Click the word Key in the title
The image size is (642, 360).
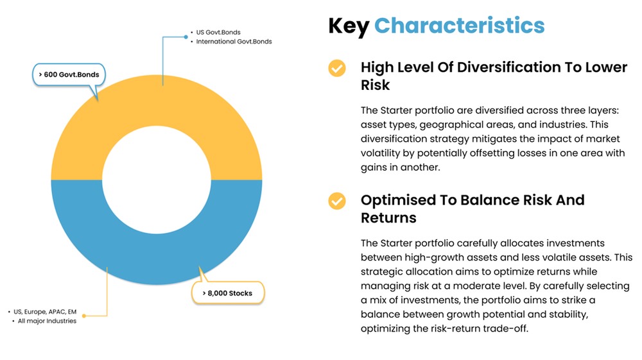point(349,26)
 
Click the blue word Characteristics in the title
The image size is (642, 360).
point(459,26)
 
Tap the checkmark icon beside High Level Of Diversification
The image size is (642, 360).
point(337,68)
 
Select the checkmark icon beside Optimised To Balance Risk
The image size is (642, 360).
point(337,201)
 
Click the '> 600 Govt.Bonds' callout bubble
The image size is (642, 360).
point(69,75)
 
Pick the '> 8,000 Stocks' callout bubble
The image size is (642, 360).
point(227,293)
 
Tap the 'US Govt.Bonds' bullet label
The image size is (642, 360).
point(218,32)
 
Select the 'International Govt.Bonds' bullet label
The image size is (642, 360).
point(235,42)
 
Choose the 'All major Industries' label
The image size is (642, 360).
point(47,321)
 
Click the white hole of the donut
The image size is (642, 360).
point(156,180)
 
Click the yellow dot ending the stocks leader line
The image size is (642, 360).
point(84,316)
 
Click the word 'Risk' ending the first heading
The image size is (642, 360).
point(375,85)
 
